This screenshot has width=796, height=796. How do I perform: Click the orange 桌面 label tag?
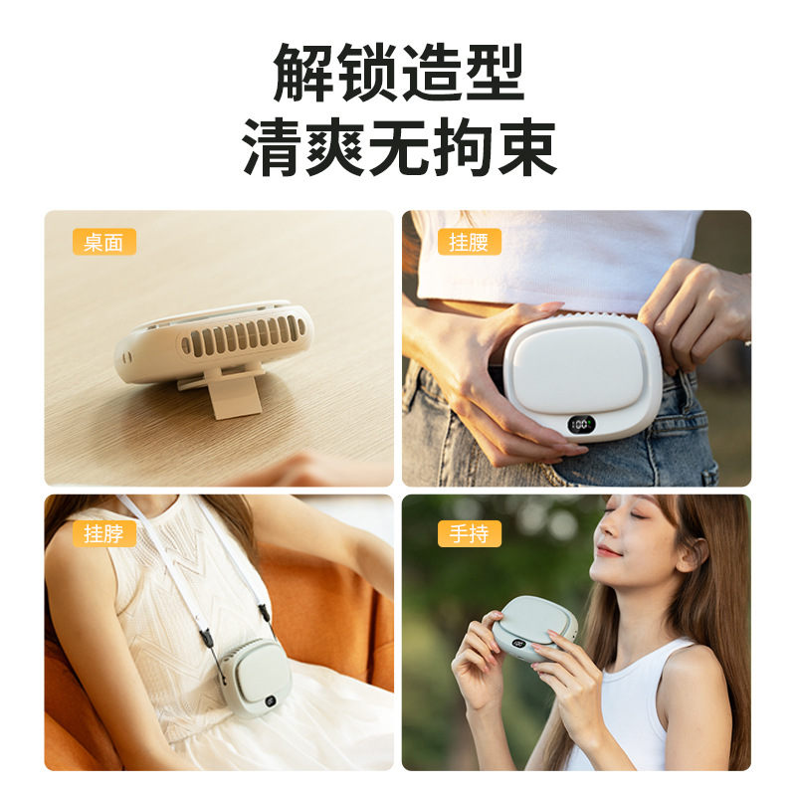pyautogui.click(x=104, y=242)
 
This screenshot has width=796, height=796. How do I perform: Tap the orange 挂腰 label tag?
pyautogui.click(x=470, y=242)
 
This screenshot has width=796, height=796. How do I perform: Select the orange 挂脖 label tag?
pyautogui.click(x=104, y=533)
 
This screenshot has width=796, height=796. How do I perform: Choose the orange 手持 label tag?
pyautogui.click(x=470, y=533)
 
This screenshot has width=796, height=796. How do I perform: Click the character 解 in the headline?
pyautogui.click(x=303, y=72)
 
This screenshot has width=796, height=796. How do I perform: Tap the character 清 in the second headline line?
pyautogui.click(x=272, y=147)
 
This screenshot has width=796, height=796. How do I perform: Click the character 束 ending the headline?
pyautogui.click(x=527, y=147)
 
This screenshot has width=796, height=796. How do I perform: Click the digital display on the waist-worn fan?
pyautogui.click(x=581, y=425)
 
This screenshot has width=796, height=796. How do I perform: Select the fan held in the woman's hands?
pyautogui.click(x=534, y=629)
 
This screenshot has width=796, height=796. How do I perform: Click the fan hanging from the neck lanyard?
pyautogui.click(x=256, y=678)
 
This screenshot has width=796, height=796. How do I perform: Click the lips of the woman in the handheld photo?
pyautogui.click(x=608, y=550)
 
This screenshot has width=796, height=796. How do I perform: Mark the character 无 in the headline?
pyautogui.click(x=399, y=147)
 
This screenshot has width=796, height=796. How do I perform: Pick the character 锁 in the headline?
pyautogui.click(x=366, y=72)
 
